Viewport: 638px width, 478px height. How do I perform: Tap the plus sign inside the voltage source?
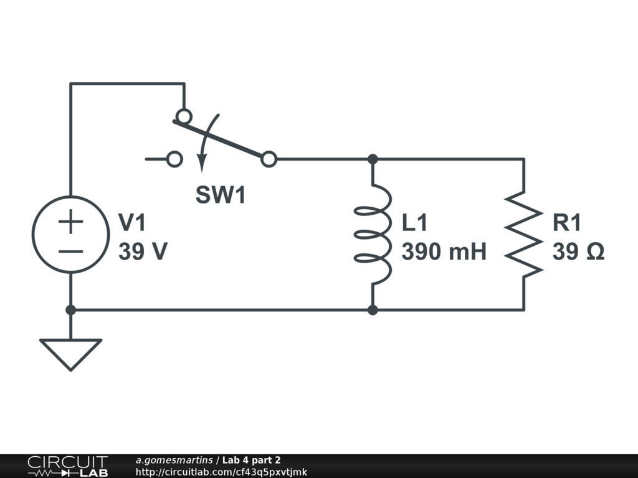[71, 222]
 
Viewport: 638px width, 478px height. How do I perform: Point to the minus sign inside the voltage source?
[71, 251]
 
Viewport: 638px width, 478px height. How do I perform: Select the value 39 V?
[143, 252]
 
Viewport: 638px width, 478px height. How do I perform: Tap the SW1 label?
[221, 195]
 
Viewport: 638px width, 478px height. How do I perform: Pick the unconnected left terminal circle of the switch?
[175, 159]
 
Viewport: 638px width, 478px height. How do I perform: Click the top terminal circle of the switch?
[183, 116]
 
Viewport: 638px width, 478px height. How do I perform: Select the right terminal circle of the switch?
[269, 159]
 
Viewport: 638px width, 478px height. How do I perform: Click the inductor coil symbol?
[373, 234]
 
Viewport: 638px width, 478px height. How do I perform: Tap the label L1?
[415, 223]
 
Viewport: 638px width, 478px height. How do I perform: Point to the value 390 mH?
[444, 252]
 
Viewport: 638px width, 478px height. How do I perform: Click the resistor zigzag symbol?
[523, 234]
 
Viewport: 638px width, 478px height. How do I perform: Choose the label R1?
[566, 223]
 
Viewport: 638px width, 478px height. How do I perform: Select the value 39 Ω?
[578, 252]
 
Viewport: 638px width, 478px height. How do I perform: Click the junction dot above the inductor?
[373, 159]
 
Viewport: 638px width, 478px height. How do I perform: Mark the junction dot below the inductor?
[373, 309]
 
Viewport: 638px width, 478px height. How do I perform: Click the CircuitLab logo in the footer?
[67, 466]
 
